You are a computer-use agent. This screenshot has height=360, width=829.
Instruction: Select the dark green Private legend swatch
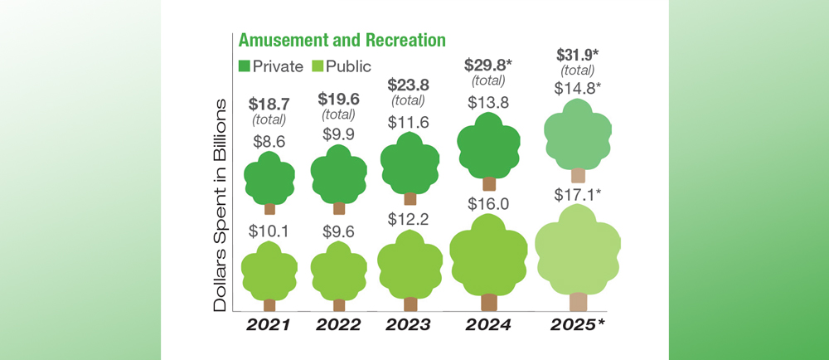click(245, 66)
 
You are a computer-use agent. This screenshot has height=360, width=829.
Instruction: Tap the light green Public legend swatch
click(317, 66)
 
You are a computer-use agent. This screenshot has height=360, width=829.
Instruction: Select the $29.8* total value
click(489, 65)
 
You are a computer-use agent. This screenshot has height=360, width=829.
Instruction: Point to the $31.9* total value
click(578, 55)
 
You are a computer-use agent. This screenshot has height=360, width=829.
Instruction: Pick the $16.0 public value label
click(489, 203)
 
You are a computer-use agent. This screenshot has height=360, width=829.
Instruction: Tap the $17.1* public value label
click(578, 196)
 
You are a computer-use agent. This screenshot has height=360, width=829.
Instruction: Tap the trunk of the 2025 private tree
click(578, 175)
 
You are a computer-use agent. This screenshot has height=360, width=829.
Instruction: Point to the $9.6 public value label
click(338, 232)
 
